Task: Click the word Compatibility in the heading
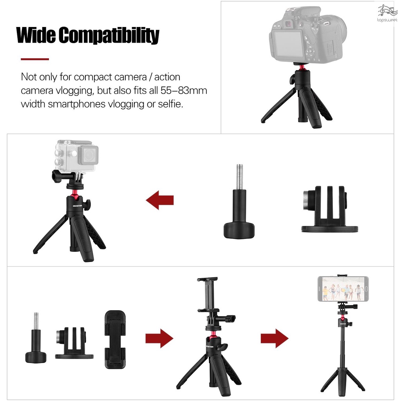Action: point(109,36)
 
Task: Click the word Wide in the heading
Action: point(36,36)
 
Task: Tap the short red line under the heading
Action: point(35,59)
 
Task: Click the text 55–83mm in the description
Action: point(184,91)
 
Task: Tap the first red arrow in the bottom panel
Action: point(159,338)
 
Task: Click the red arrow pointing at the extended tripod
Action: point(275,338)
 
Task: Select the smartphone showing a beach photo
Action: point(343,289)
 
